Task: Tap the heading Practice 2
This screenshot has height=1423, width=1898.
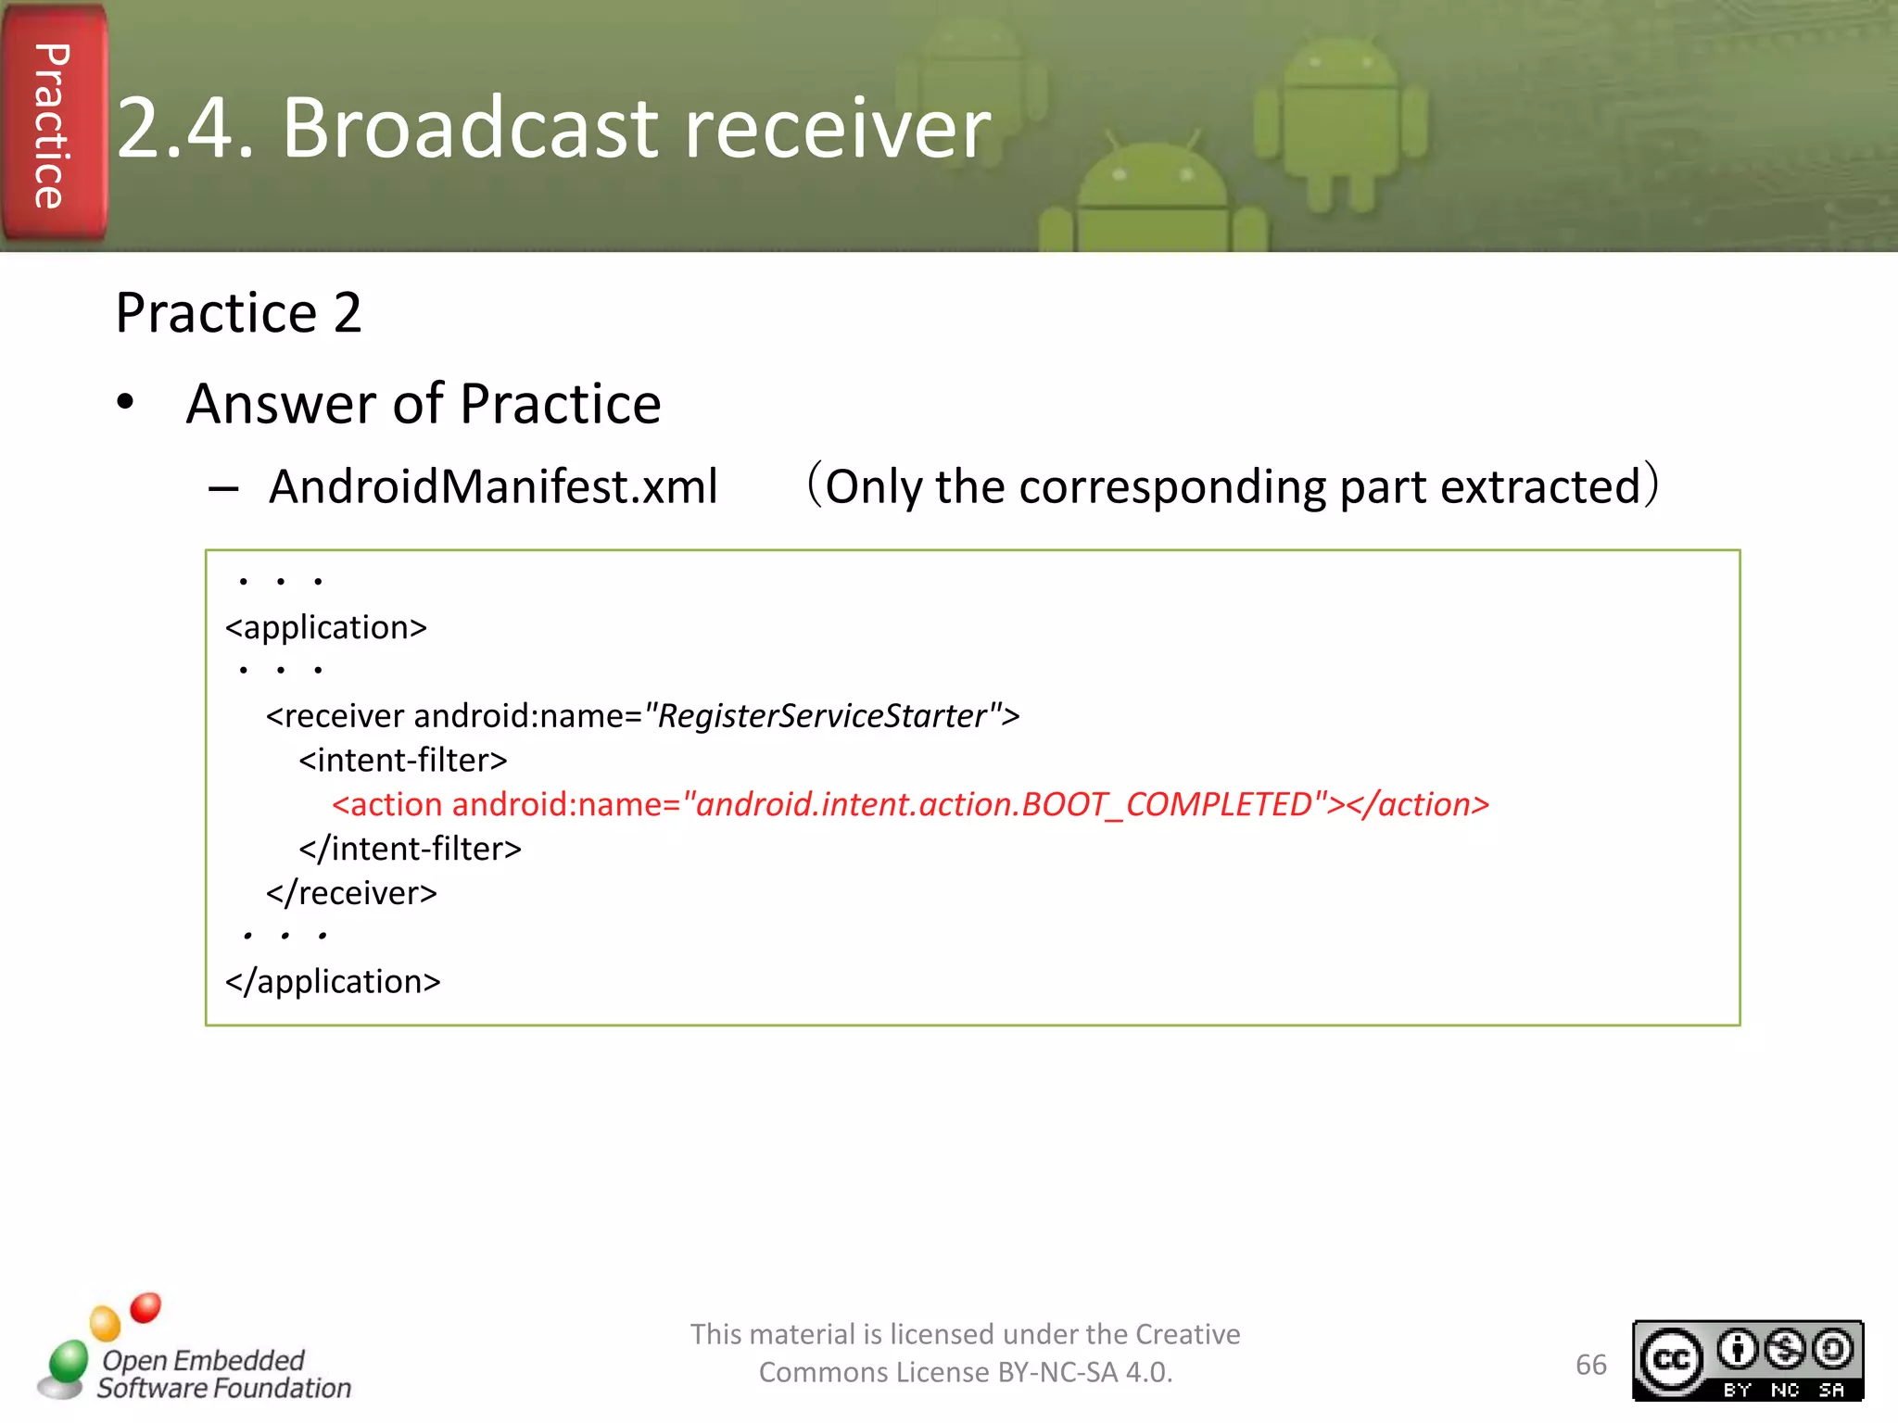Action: point(238,312)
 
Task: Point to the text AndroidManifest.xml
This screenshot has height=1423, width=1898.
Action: point(493,486)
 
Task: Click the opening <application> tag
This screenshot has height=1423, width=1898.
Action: point(326,627)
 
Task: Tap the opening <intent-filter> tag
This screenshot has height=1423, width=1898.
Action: point(403,760)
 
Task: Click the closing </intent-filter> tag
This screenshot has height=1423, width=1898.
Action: point(410,849)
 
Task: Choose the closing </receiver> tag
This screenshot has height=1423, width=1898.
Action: point(351,893)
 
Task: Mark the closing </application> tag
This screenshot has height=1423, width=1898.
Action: point(333,981)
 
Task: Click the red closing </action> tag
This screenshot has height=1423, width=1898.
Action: point(1418,804)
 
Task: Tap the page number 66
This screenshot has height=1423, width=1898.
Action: point(1590,1365)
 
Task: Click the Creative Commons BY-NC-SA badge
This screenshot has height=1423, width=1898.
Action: point(1747,1361)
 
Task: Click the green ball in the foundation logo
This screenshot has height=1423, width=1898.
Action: point(68,1362)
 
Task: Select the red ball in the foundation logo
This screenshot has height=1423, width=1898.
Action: point(146,1307)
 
